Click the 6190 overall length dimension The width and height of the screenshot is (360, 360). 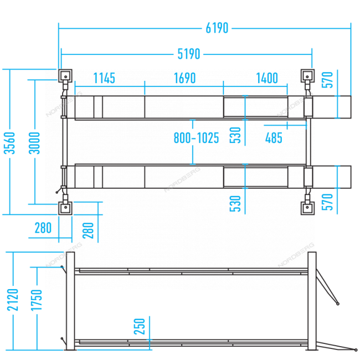pos(217,28)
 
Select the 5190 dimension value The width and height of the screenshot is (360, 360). pos(189,54)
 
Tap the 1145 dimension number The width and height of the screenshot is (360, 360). pos(104,78)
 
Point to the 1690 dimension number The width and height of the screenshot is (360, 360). pos(184,78)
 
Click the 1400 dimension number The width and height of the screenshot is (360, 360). pos(267,78)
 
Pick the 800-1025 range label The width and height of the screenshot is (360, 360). pos(196,138)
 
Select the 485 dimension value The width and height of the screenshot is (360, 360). pos(274,138)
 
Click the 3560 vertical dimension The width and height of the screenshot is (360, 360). pos(9,143)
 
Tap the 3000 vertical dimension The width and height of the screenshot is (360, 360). pos(34,143)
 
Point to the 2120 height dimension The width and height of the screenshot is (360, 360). pos(13,300)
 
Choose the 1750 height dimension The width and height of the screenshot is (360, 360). pos(37,300)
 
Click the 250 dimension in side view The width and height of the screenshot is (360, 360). pos(140,326)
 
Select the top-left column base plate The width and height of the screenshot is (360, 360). pos(65,76)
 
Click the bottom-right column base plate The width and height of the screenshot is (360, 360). pos(307,208)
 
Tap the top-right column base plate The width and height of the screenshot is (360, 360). pos(307,76)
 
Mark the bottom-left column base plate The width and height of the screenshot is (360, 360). pos(65,208)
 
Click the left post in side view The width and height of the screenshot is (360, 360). pos(70,301)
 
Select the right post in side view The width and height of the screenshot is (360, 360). pos(312,301)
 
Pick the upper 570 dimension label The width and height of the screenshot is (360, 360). pos(327,80)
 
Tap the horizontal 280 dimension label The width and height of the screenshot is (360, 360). pos(43,228)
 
